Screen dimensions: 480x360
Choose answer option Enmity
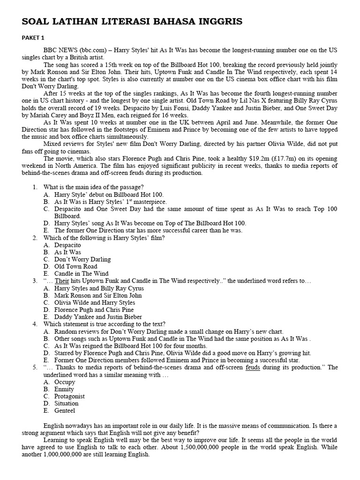[x=64, y=389]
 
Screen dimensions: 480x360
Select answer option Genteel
[x=65, y=411]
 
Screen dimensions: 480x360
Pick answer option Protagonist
[x=69, y=396]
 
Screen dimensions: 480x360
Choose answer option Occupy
[x=65, y=382]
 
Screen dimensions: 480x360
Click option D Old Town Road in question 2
[x=75, y=266]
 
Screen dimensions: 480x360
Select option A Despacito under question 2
[x=67, y=245]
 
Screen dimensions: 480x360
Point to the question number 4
[x=35, y=324]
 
